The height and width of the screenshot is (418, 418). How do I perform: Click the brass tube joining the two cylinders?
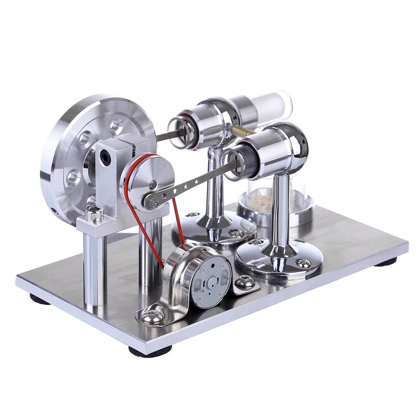point(243,131)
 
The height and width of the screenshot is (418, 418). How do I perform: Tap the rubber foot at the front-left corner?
point(40,300)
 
